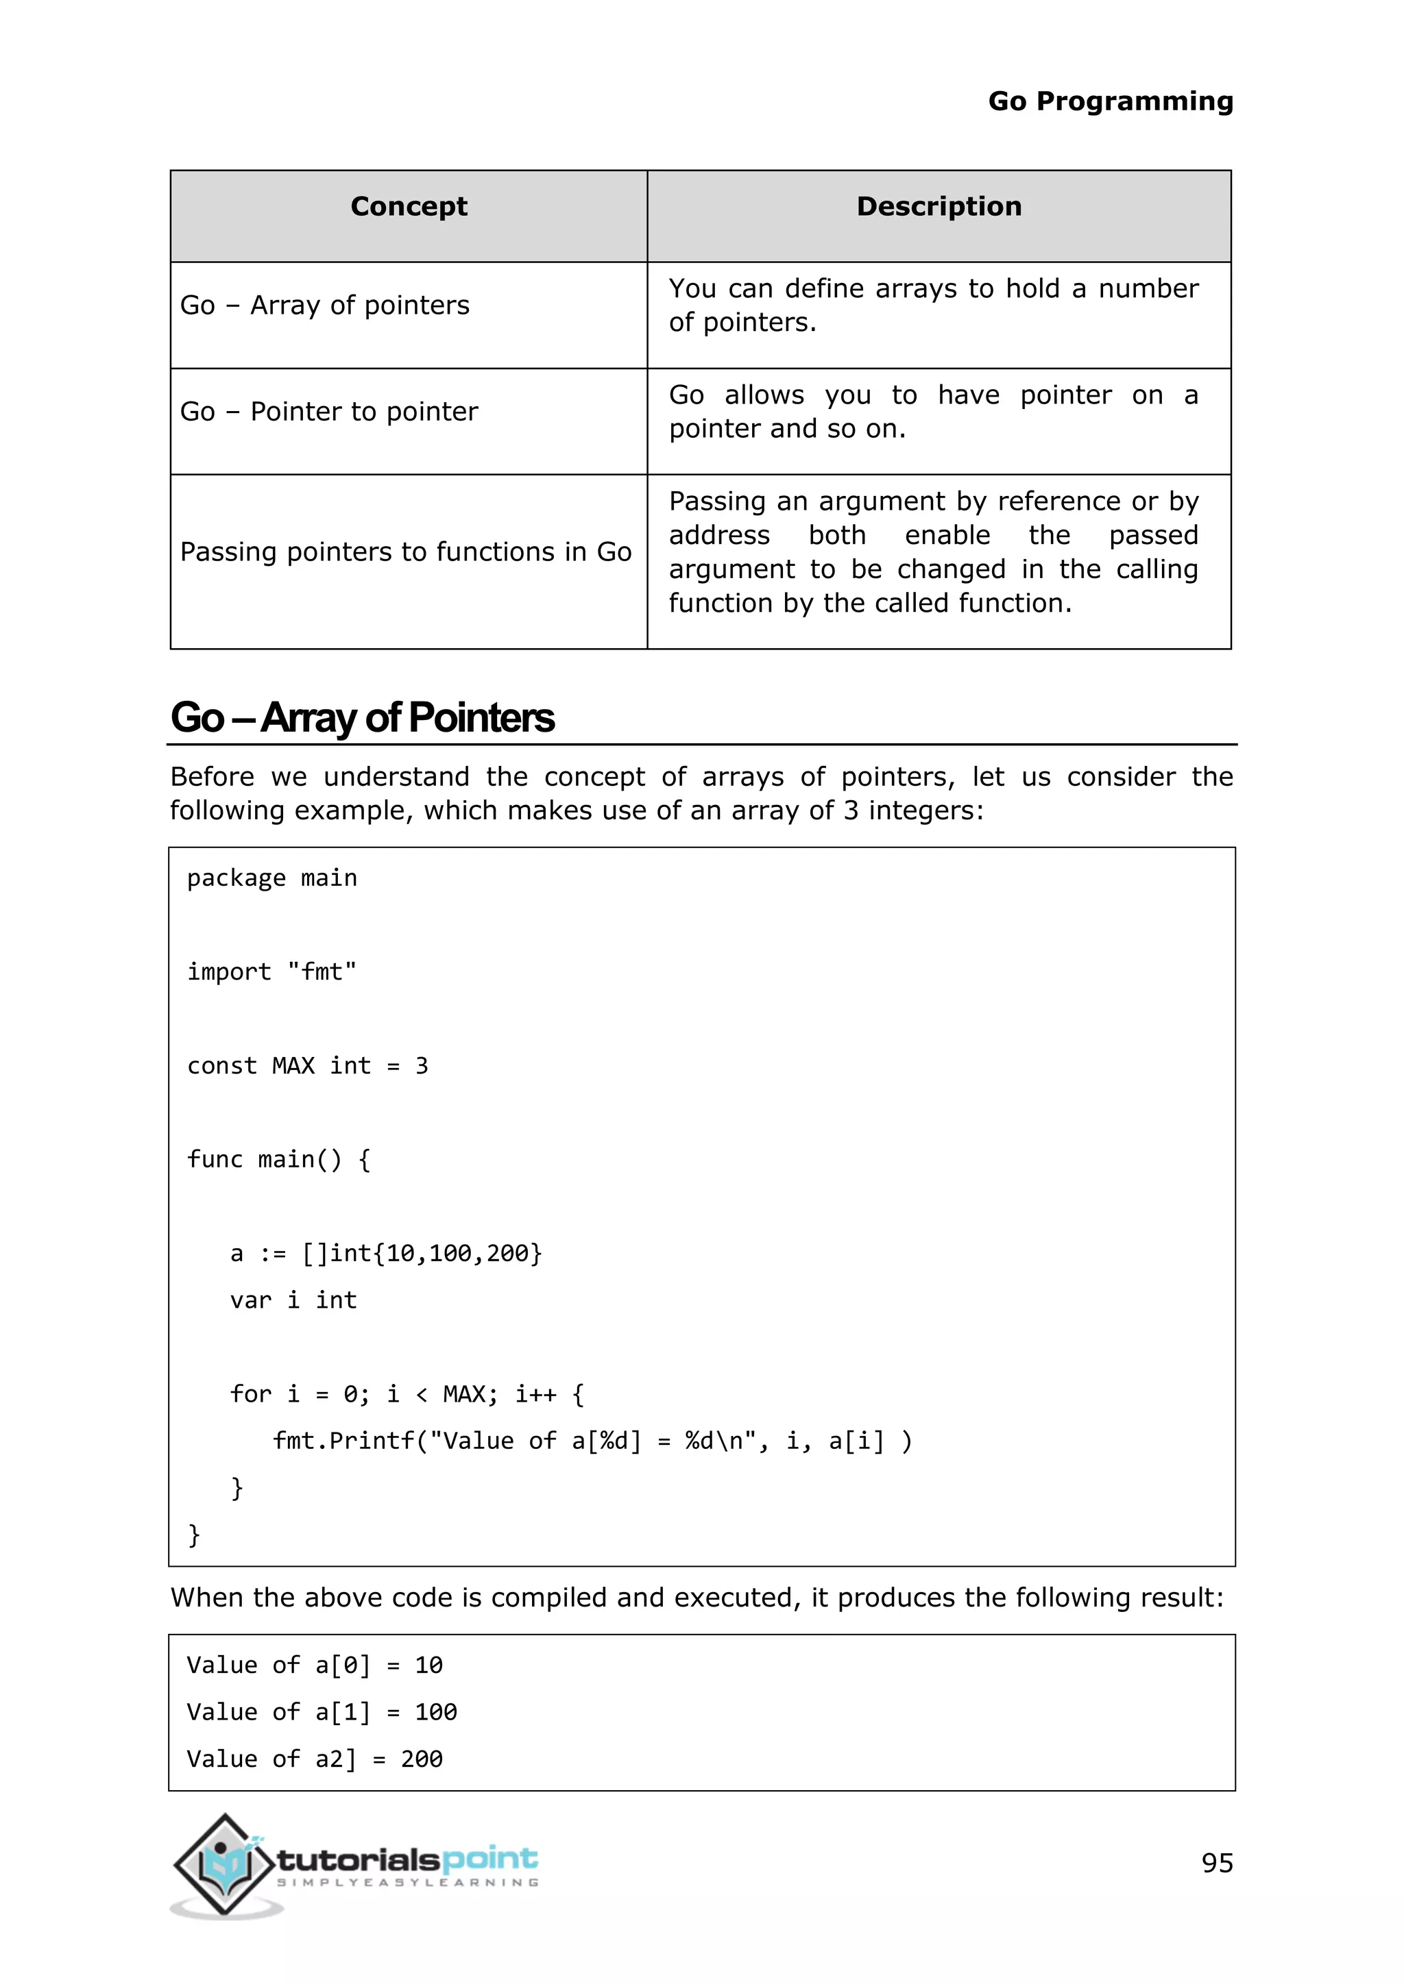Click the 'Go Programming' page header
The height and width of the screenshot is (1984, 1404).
coord(1110,102)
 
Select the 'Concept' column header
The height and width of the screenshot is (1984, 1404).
coord(409,206)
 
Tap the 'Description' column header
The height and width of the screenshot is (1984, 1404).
coord(939,206)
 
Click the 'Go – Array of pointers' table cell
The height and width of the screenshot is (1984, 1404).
coord(325,305)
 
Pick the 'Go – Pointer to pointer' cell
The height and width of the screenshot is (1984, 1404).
coord(328,411)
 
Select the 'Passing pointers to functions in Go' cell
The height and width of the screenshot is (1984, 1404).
coord(405,552)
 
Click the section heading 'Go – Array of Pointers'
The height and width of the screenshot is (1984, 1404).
coord(362,718)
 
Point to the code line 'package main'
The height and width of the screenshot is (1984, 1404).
coord(271,878)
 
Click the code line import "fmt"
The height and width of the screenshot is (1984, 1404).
coord(271,972)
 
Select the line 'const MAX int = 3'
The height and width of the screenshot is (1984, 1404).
coord(307,1066)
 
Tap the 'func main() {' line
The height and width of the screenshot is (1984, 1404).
coord(278,1160)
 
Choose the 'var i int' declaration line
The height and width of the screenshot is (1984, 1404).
coord(293,1300)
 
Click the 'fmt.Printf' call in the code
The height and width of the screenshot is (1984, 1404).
coord(344,1441)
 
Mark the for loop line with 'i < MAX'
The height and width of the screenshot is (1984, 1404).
coord(407,1395)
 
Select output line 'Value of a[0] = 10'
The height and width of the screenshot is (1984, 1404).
coord(315,1666)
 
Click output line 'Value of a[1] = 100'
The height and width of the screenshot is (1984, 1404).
coord(322,1713)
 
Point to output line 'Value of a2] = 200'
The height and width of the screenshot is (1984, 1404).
coord(315,1759)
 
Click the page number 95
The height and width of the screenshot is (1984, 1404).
coord(1216,1863)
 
